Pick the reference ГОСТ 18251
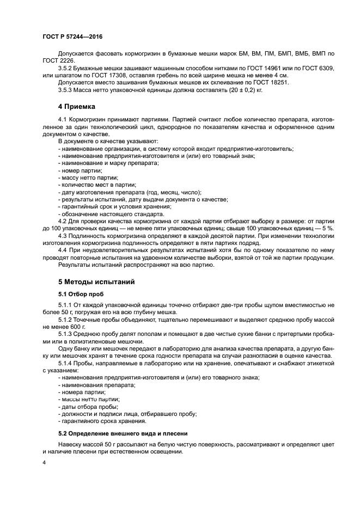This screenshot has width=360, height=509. [270, 82]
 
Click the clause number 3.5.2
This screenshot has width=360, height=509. [68, 68]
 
